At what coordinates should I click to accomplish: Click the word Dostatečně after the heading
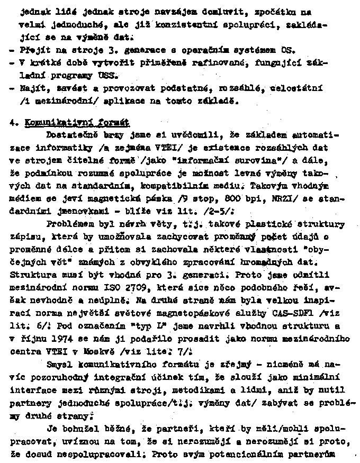(x=71, y=135)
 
